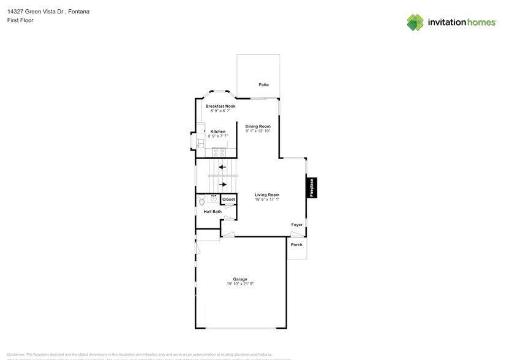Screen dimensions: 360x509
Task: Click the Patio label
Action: (264, 84)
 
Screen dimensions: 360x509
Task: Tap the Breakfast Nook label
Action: (221, 106)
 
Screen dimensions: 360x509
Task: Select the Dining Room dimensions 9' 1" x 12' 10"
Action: (258, 131)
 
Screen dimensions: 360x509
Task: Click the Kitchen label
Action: (218, 132)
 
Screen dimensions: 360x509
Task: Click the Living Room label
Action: (267, 195)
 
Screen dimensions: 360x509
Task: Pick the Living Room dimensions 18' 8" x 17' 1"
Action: (267, 200)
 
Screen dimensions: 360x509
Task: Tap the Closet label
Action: (228, 200)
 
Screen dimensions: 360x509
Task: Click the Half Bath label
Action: (213, 212)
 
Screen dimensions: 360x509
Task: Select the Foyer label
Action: (297, 225)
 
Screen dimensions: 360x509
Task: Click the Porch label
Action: (296, 245)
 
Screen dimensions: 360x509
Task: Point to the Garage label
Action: (240, 279)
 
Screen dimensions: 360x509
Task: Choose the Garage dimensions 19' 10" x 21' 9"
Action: (240, 284)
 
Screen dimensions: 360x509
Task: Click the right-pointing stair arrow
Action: (224, 184)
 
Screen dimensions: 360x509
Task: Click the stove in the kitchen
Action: (219, 152)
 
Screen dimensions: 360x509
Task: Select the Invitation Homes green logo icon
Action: (416, 23)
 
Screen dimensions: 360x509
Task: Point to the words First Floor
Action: (20, 20)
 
